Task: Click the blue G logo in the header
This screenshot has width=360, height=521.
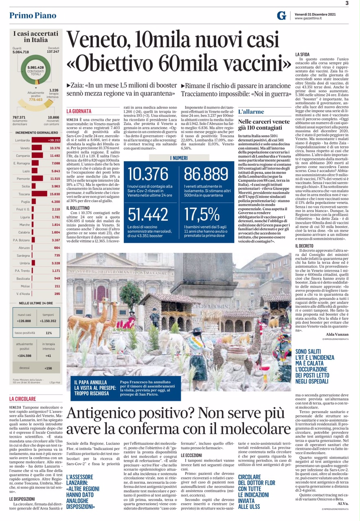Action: coord(281,16)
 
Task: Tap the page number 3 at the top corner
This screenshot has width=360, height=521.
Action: coord(347,3)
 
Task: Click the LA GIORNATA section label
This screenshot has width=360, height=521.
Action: coord(79,111)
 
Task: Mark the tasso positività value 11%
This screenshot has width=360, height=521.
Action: coord(48,333)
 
